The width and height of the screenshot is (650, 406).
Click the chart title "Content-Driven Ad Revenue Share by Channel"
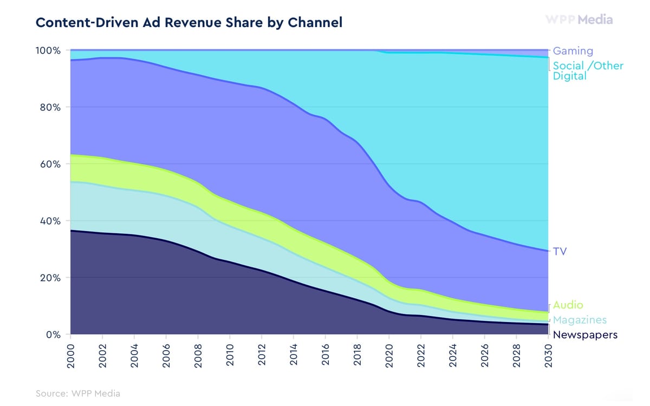point(188,23)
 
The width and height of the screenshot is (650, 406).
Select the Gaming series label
point(573,51)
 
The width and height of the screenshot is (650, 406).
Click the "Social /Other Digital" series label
point(587,71)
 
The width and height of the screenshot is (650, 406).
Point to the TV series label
point(560,251)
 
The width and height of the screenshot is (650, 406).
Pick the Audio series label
point(568,305)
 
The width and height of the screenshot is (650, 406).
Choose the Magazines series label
point(580,320)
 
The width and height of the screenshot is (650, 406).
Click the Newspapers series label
point(584,335)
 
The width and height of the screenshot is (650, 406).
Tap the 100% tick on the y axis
point(49,50)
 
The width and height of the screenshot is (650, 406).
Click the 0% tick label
point(53,335)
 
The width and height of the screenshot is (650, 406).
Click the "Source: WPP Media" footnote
point(77,394)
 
